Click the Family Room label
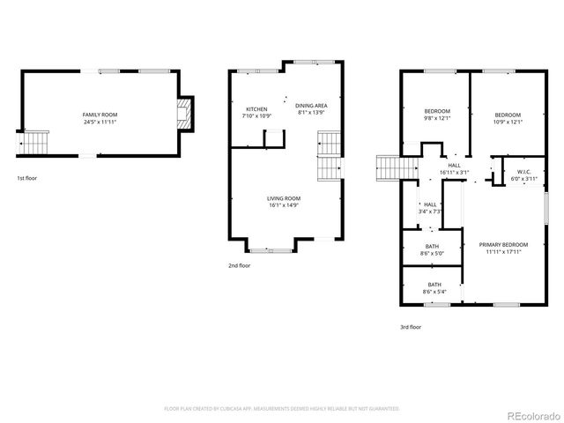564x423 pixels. click(100, 115)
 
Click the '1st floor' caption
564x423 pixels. click(26, 178)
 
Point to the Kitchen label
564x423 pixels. click(256, 109)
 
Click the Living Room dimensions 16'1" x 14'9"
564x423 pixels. click(284, 205)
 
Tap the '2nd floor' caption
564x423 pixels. click(239, 264)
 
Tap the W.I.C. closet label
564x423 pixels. click(523, 175)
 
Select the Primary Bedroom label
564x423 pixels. click(503, 248)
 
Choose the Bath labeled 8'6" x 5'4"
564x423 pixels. click(434, 287)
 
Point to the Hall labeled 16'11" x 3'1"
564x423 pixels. click(454, 168)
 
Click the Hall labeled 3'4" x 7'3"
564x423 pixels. click(431, 208)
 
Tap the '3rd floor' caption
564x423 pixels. click(410, 327)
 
